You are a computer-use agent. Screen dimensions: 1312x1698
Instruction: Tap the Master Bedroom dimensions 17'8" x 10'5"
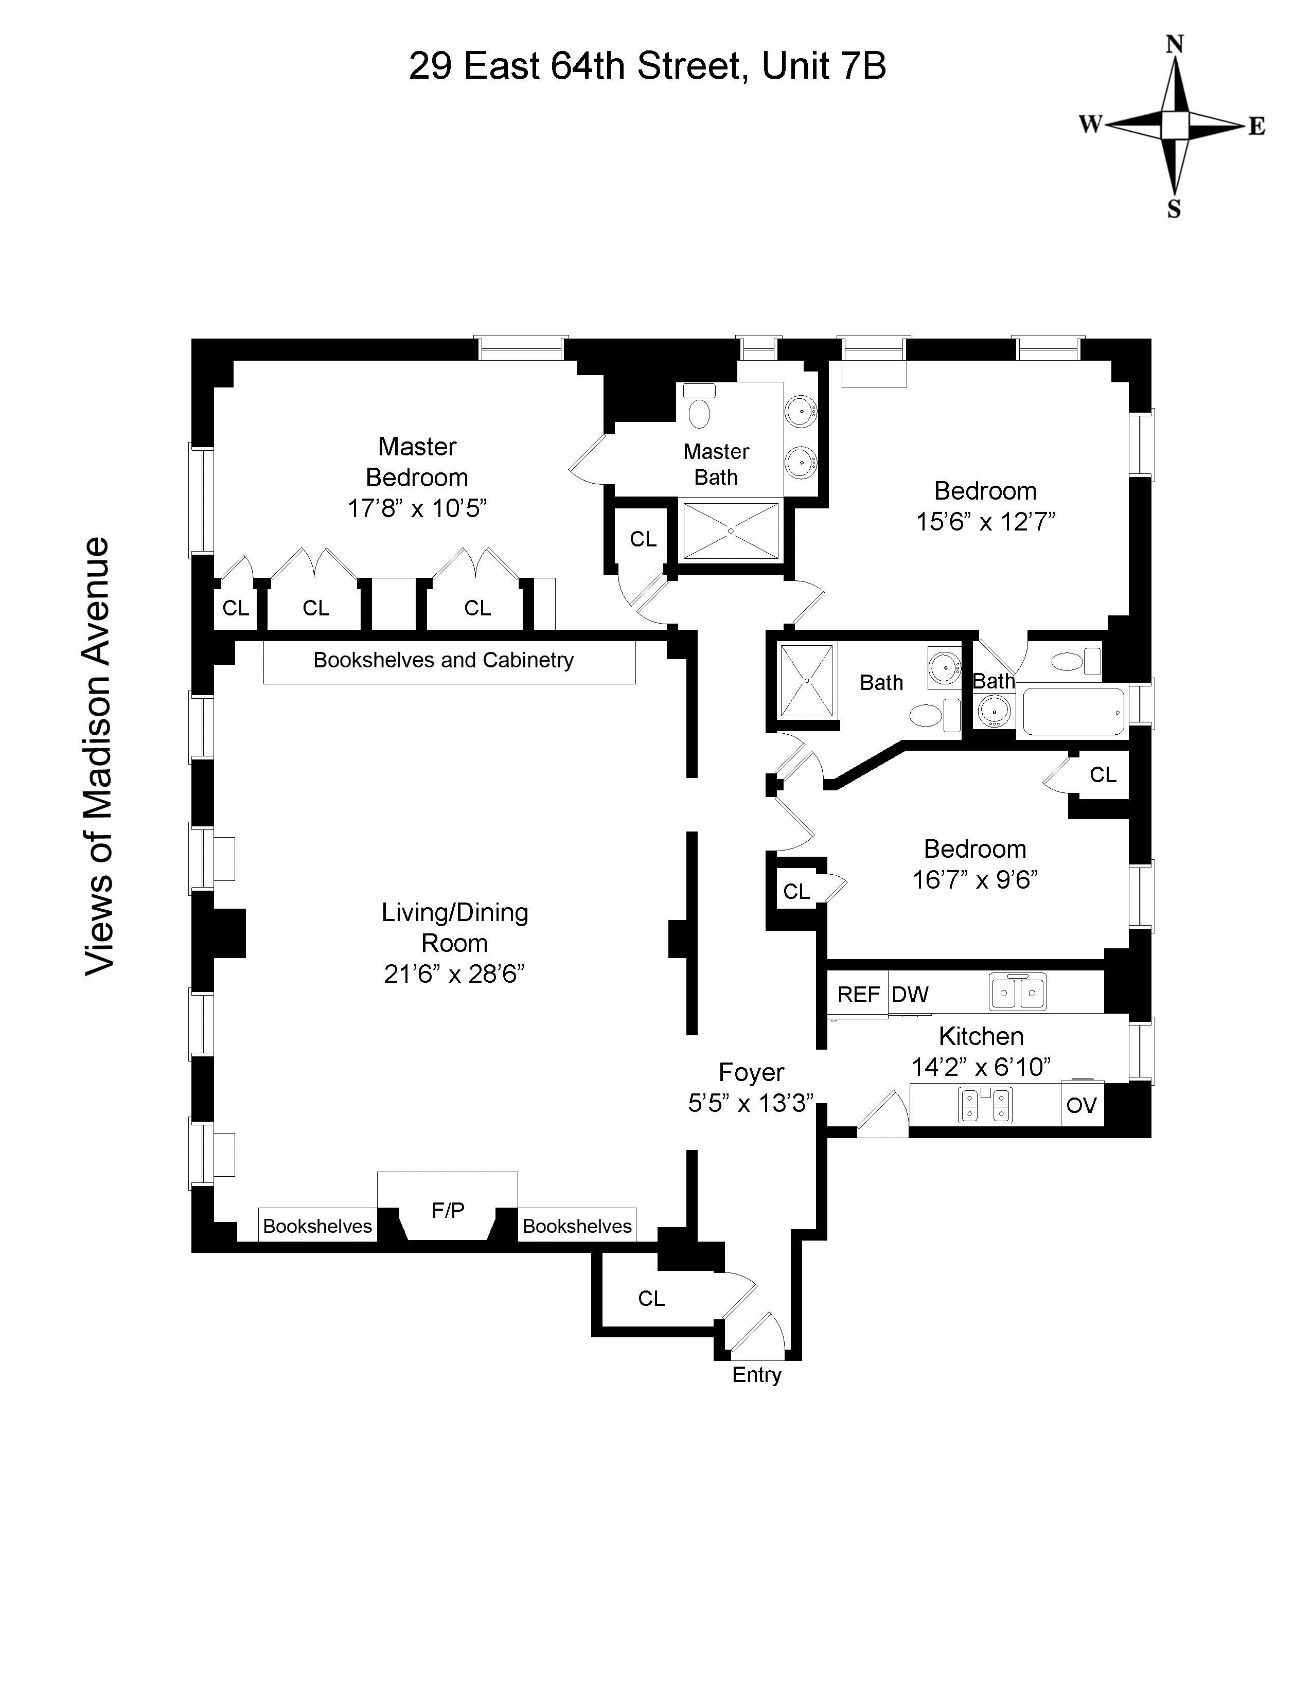pyautogui.click(x=417, y=508)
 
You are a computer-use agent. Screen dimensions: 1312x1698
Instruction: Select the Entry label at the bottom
pyautogui.click(x=756, y=1374)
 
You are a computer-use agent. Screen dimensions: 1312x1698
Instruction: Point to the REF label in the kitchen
pyautogui.click(x=858, y=995)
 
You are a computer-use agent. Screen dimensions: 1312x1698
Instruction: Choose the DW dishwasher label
pyautogui.click(x=910, y=995)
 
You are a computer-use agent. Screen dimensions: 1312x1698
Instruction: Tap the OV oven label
pyautogui.click(x=1081, y=1105)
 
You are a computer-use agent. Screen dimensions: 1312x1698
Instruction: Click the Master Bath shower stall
pyautogui.click(x=730, y=531)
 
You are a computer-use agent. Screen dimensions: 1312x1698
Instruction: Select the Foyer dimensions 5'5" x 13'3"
pyautogui.click(x=751, y=1103)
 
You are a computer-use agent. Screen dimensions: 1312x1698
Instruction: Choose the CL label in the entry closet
pyautogui.click(x=651, y=1298)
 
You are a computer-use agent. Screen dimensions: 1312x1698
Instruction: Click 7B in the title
pyautogui.click(x=863, y=66)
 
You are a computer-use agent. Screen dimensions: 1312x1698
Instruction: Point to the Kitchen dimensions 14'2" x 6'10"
pyautogui.click(x=981, y=1066)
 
